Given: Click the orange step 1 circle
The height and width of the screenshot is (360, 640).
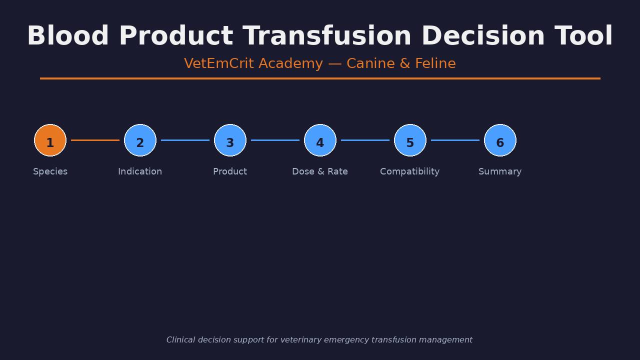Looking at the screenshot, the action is [x=50, y=140].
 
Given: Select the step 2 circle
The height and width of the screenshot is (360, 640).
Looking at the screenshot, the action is [x=140, y=140].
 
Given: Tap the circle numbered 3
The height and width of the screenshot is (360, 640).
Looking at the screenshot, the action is [x=230, y=140].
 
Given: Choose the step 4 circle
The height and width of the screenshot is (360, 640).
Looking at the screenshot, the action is [x=320, y=140].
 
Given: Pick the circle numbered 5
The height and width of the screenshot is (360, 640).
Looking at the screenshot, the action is [x=410, y=140].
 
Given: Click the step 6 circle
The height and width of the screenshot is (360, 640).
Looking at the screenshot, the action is [x=500, y=140].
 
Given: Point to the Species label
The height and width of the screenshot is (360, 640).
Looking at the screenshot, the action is [x=50, y=171].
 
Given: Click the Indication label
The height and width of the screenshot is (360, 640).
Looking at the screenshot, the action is [x=140, y=171].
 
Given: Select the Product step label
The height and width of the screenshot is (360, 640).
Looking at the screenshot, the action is [x=230, y=171].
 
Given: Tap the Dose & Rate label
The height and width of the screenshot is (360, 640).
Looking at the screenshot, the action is [x=320, y=171].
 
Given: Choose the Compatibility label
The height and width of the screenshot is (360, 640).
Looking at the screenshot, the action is [x=409, y=171].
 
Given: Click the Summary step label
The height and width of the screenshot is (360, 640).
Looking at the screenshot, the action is [x=500, y=171].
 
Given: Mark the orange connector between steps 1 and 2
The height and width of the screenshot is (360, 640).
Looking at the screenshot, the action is [x=95, y=140].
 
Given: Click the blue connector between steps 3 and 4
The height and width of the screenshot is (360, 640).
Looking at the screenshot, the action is [x=275, y=140].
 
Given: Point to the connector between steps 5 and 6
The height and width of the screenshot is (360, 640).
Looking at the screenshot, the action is [x=455, y=140].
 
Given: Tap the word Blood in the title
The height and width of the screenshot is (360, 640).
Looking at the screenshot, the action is [x=67, y=35].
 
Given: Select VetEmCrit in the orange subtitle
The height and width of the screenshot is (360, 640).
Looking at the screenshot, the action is [x=219, y=63].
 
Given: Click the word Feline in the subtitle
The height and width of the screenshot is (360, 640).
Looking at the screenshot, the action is [x=435, y=63].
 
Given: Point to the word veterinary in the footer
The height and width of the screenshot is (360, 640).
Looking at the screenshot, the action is [x=301, y=340].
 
